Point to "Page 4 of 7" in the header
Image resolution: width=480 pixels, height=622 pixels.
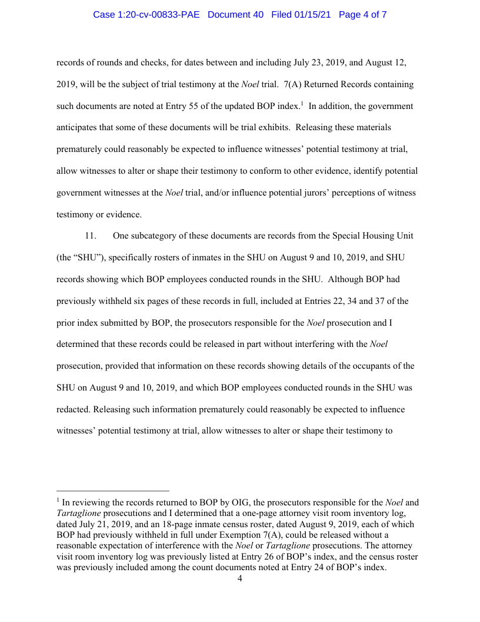point(363,15)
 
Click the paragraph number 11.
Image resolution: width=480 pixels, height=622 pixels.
point(91,236)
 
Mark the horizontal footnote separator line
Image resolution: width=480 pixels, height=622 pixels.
point(113,490)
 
